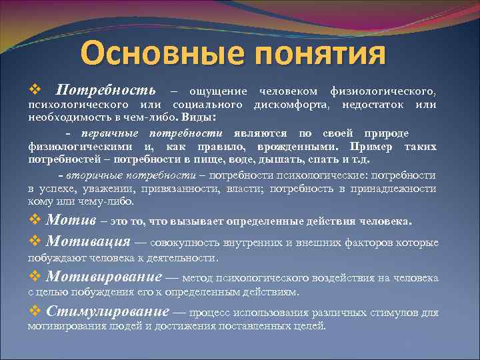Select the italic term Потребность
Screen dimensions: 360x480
(x=105, y=90)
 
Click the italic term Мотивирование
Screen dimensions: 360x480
(x=105, y=277)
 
